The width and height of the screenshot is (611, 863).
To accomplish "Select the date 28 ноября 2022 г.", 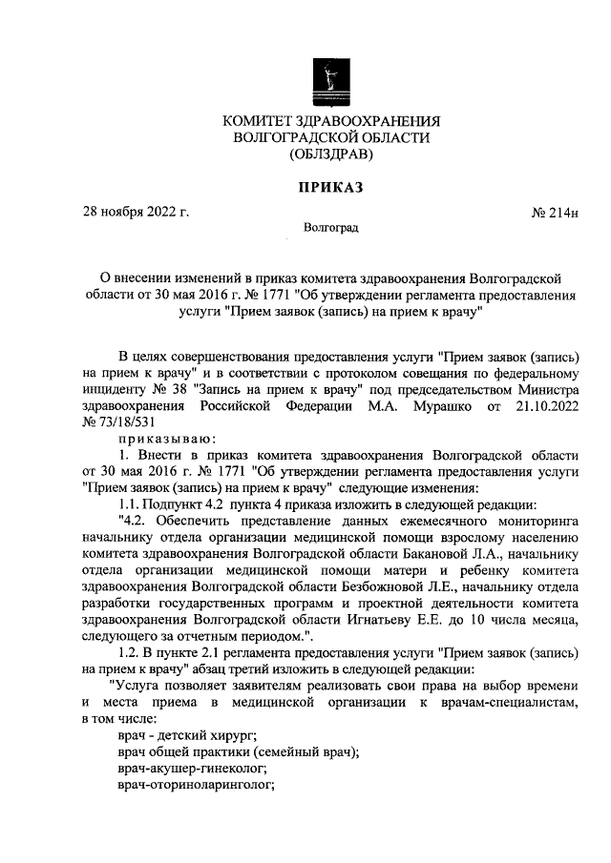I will (x=137, y=212).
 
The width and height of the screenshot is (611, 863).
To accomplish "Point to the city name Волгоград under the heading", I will (x=330, y=229).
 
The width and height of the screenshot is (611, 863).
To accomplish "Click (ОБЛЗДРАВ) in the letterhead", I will (x=330, y=154).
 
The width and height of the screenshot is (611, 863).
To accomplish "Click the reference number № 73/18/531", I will (x=119, y=421).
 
